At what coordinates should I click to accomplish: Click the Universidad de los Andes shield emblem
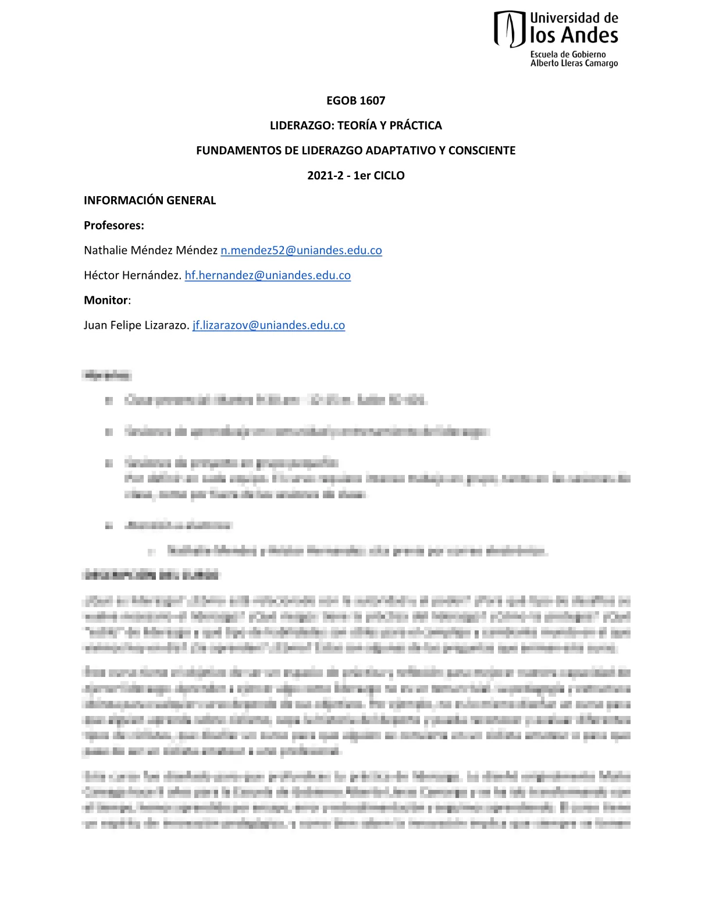coord(509,29)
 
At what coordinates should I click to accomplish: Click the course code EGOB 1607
coord(355,101)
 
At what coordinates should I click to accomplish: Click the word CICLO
coord(389,176)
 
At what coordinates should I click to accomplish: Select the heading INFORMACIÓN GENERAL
coord(149,201)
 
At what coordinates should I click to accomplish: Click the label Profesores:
coord(114,226)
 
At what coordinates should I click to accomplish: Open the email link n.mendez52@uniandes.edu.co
coord(301,251)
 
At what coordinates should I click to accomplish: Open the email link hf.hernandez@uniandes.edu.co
coord(268,276)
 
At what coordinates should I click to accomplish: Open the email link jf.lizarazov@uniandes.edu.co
coord(269,326)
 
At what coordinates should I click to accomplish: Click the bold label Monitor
coord(106,301)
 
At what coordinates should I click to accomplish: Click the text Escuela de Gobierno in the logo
coord(568,55)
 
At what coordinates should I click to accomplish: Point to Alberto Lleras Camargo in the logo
coord(574,63)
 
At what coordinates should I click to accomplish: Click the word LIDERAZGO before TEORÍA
coord(302,126)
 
